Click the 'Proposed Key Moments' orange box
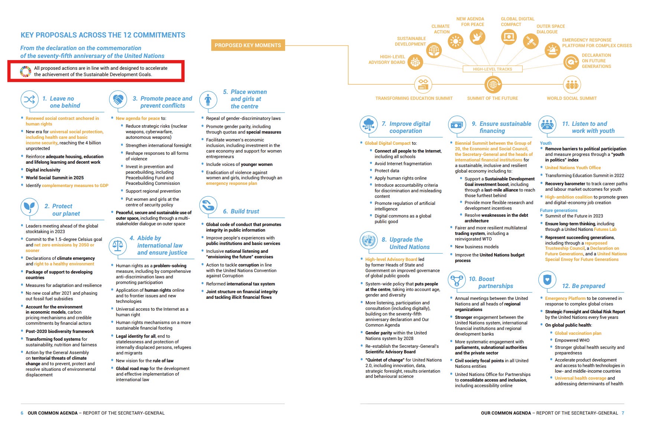(x=248, y=45)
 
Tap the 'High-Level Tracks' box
(x=492, y=69)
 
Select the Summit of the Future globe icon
(x=493, y=85)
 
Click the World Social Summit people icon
(x=572, y=85)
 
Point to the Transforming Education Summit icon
(x=423, y=85)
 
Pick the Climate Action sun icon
(x=456, y=42)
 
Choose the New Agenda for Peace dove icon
(x=477, y=37)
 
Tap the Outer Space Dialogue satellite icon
(x=530, y=41)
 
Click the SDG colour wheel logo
(x=26, y=71)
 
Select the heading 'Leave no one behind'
(x=62, y=102)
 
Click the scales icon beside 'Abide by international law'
(x=118, y=245)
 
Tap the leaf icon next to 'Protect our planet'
(x=29, y=207)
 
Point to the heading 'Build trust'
(x=245, y=211)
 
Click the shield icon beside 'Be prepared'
(x=547, y=280)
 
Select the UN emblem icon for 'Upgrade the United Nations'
(x=368, y=241)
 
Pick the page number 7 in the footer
(x=623, y=413)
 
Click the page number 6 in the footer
(x=22, y=413)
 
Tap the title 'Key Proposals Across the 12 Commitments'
(x=103, y=35)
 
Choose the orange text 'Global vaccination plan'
(x=578, y=333)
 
